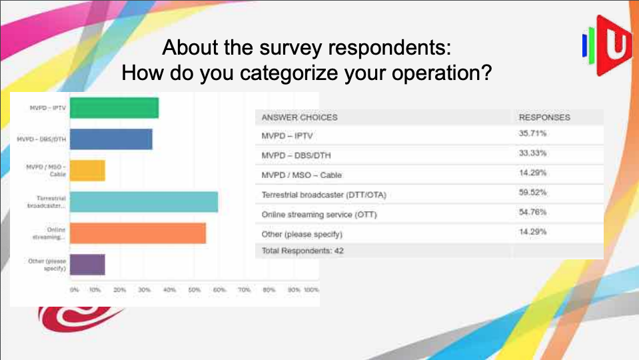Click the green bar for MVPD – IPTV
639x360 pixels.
tap(114, 108)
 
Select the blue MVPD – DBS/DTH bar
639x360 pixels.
tap(111, 139)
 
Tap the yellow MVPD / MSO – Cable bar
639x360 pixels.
tap(87, 171)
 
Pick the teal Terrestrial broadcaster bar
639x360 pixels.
tap(144, 202)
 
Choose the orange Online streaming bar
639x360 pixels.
tap(138, 233)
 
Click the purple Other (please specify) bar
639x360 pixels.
tap(87, 265)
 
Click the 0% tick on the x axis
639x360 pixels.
tap(74, 291)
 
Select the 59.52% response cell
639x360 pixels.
tap(528, 194)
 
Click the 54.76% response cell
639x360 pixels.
tap(528, 214)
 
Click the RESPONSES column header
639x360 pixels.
tap(544, 117)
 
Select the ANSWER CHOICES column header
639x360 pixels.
tap(299, 117)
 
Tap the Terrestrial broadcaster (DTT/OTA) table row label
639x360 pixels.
tap(324, 195)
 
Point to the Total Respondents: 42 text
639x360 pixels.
tap(303, 251)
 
